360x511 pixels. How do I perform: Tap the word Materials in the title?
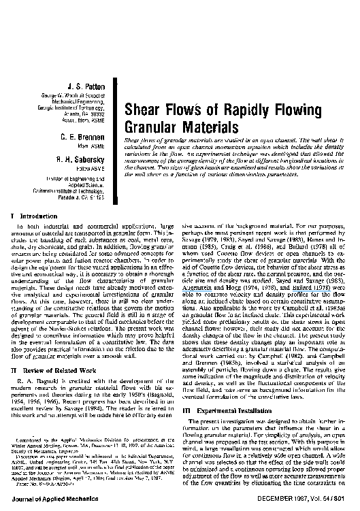pyautogui.click(x=204, y=127)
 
